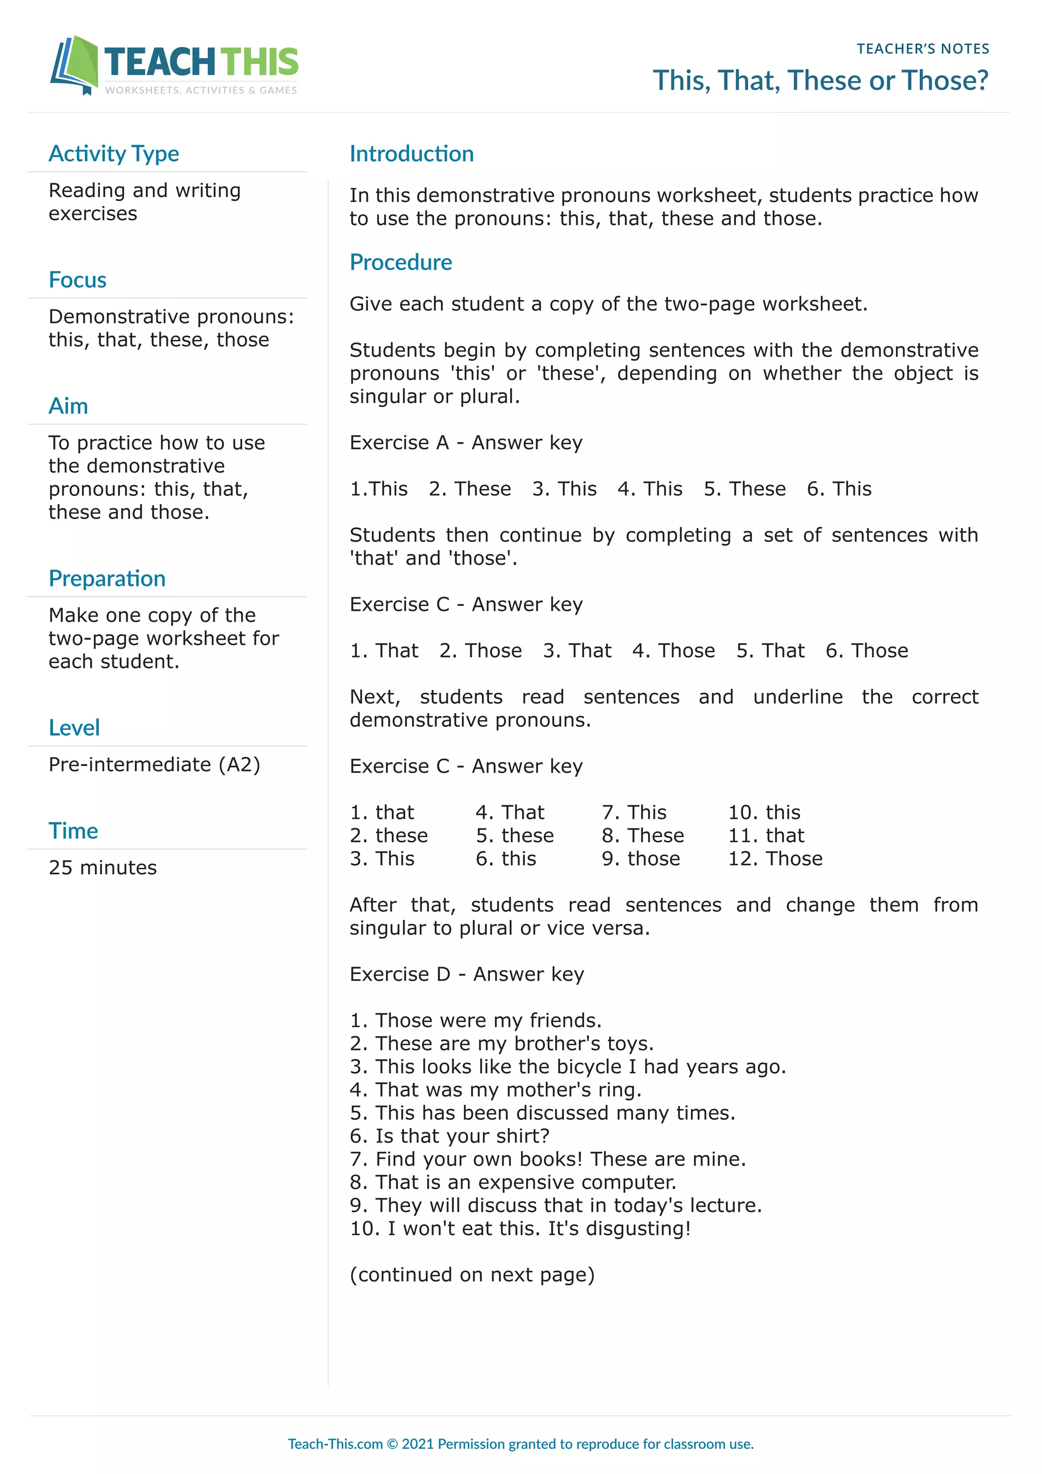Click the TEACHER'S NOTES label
point(922,49)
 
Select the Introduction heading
point(411,154)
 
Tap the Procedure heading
point(400,263)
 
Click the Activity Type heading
point(113,154)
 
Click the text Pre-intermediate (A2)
point(154,764)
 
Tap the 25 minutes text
point(103,868)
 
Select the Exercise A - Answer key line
point(466,443)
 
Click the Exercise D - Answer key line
point(467,975)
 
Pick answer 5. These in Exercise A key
point(744,489)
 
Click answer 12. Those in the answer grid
point(774,859)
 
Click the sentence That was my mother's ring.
point(496,1090)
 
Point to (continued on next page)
point(472,1275)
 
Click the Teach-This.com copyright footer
point(520,1444)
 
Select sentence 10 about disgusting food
point(519,1229)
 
